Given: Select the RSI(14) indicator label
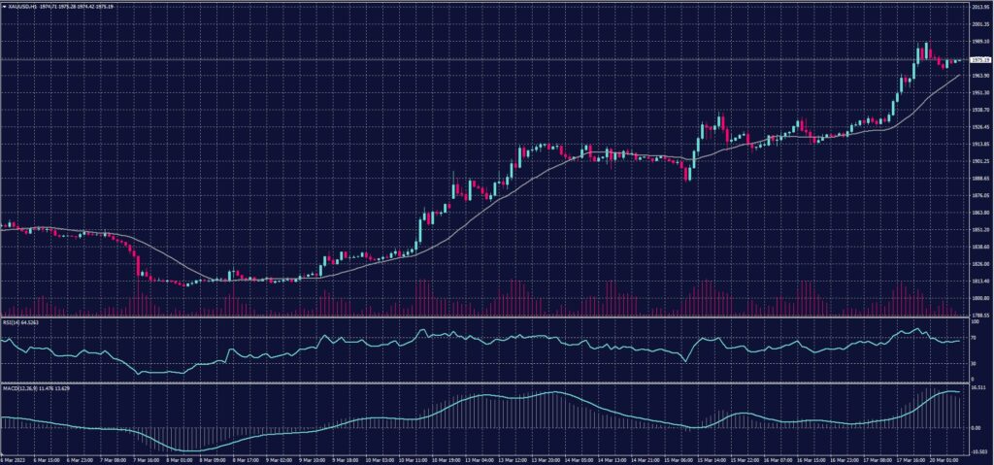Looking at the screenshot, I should [x=14, y=322].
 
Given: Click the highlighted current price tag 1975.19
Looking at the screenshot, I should [x=978, y=60].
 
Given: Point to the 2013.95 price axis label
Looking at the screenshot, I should [x=978, y=7].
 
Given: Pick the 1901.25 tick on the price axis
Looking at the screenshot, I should [x=978, y=161].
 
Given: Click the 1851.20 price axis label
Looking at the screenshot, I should [x=978, y=230].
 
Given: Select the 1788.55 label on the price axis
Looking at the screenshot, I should [x=978, y=315].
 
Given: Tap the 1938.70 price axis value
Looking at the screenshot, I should [x=978, y=110].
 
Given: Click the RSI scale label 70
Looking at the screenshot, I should [x=973, y=336].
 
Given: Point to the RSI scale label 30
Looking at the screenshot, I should [x=973, y=363].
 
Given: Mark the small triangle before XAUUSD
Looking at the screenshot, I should [x=4, y=7].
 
